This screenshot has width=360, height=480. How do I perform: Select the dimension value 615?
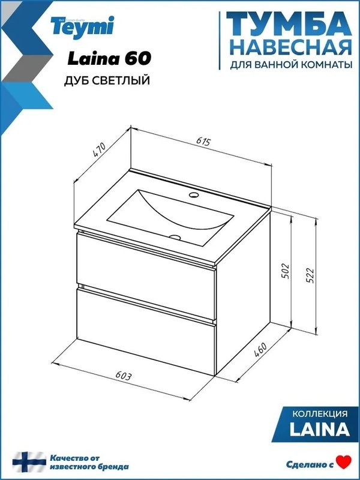click(x=203, y=142)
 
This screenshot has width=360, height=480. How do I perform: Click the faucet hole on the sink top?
click(x=194, y=195)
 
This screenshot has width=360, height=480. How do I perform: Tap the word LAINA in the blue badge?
click(x=319, y=429)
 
